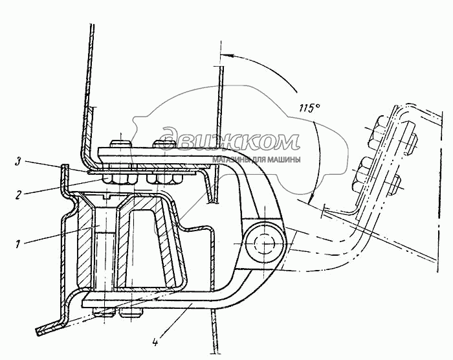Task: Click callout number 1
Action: (18, 244)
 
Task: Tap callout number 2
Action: (18, 195)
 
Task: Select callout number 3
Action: (19, 162)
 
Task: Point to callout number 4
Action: (155, 343)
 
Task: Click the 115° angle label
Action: (310, 108)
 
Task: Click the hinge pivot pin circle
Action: (263, 243)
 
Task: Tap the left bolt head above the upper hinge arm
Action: (120, 144)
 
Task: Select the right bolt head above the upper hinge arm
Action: (164, 144)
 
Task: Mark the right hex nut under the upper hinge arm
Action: (164, 179)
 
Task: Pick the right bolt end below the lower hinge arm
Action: (131, 313)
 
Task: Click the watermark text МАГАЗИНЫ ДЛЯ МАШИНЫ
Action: (256, 160)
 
